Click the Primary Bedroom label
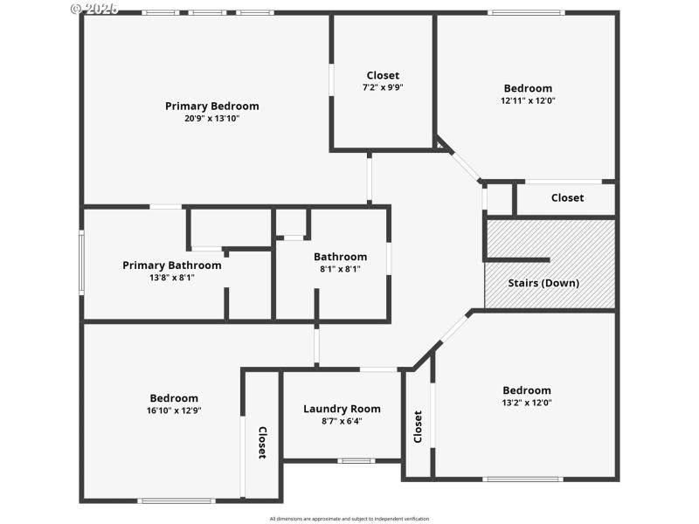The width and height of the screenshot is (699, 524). tap(211, 107)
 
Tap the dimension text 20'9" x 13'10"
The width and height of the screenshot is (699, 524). tap(211, 119)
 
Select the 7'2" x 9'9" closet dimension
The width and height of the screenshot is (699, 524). tap(383, 87)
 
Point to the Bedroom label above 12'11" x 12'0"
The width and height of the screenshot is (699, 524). tap(528, 88)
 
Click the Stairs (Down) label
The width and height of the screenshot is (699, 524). tap(543, 283)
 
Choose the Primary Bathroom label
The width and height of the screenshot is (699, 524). tap(171, 265)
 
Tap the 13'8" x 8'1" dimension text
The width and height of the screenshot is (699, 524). tap(171, 278)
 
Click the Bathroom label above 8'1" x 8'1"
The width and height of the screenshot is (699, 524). tap(340, 257)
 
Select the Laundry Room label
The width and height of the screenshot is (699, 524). tap(342, 409)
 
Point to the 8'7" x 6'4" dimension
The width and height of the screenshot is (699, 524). tap(342, 421)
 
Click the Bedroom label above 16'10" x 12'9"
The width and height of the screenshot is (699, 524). tap(174, 398)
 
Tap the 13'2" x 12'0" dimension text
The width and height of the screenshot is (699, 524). tap(527, 403)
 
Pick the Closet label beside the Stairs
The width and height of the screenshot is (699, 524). tap(567, 198)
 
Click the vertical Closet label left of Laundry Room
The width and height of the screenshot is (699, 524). tap(261, 442)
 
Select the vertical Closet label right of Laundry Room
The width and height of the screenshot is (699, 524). tap(418, 426)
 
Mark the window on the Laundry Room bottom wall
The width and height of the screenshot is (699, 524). tap(356, 460)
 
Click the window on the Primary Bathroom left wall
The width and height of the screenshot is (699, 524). tap(81, 262)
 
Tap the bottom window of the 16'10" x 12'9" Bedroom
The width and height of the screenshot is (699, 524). tap(177, 500)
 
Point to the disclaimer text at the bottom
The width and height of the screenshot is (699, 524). tap(349, 519)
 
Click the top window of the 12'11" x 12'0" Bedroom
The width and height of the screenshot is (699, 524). tap(525, 12)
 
